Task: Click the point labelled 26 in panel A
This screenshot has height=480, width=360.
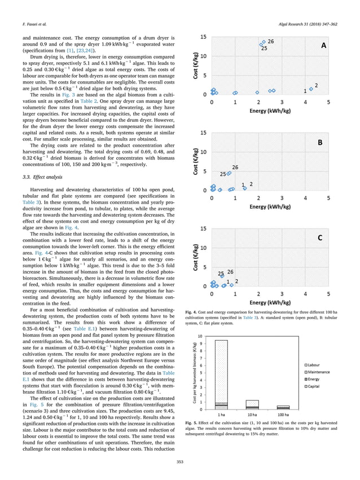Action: [x=262, y=43]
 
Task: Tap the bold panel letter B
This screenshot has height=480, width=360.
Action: [x=319, y=143]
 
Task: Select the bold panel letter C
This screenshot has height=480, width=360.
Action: [x=319, y=239]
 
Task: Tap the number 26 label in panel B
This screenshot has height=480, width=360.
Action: [x=235, y=167]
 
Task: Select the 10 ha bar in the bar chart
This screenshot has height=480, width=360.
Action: [x=252, y=404]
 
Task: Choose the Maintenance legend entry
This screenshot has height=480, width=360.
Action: [x=321, y=372]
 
